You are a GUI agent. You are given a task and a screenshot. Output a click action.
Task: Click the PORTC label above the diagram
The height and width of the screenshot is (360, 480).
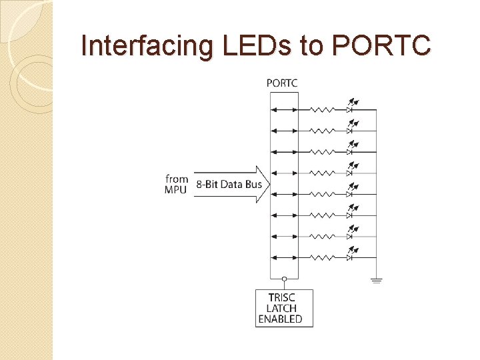282,83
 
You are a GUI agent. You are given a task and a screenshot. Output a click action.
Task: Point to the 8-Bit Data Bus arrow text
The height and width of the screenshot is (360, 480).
229,184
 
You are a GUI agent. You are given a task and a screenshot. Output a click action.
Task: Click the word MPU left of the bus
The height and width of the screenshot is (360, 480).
177,189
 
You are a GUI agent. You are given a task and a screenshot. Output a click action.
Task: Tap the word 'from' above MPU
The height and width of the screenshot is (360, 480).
177,179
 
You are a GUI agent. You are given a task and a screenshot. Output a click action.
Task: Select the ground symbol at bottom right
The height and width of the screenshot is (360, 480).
377,281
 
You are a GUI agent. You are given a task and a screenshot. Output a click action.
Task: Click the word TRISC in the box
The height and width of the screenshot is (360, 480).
281,297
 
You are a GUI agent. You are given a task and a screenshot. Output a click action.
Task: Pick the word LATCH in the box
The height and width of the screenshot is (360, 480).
281,308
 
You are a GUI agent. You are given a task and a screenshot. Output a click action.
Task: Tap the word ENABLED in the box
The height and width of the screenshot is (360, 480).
280,319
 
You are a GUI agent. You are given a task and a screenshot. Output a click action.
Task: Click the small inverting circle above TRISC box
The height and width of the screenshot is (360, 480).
285,279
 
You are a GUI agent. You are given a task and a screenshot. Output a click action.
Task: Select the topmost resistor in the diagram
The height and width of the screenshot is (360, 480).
323,110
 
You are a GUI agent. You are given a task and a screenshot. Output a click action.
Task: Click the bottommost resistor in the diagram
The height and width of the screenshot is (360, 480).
323,257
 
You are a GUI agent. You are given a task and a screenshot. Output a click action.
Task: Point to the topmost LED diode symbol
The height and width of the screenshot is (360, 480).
350,109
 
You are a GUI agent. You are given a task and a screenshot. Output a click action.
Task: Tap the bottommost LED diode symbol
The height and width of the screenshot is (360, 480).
350,257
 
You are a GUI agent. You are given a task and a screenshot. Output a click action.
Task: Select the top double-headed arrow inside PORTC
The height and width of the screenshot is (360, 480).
285,110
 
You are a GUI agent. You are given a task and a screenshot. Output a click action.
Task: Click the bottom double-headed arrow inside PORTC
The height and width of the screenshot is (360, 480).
285,257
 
